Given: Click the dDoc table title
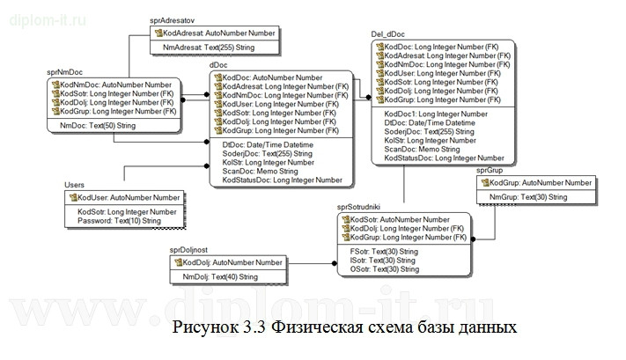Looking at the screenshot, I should (219, 65).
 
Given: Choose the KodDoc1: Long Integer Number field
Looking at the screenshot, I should (436, 114).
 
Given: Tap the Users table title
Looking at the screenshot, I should (76, 185).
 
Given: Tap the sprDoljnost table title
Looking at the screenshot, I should (193, 251).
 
